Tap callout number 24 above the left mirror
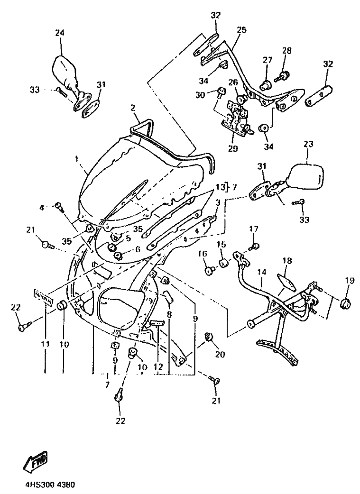click(60, 33)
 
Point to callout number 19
click(350, 281)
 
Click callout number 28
click(286, 51)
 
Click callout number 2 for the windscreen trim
click(134, 108)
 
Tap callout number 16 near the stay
click(203, 255)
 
